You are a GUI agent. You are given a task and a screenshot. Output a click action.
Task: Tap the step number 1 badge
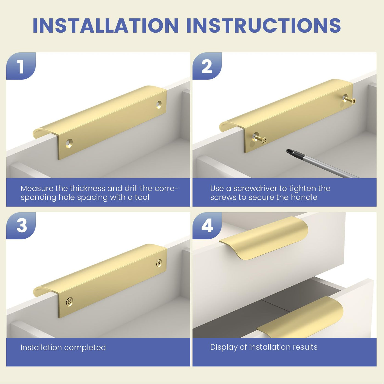coord(21,66)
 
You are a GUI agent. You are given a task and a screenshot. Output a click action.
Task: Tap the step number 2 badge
coord(207,66)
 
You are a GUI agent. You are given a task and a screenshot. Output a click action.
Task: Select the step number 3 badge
coord(21,225)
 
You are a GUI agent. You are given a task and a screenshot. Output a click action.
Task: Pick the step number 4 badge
coord(207,225)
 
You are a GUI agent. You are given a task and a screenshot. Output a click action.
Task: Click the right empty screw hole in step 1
coord(159,105)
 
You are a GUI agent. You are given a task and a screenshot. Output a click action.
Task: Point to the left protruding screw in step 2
coord(259,138)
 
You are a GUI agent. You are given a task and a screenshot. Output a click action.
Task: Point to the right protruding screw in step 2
coord(349,99)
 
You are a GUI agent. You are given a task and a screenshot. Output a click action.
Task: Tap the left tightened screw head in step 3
coord(69,301)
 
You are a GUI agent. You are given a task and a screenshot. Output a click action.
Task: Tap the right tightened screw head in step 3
coord(159,263)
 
